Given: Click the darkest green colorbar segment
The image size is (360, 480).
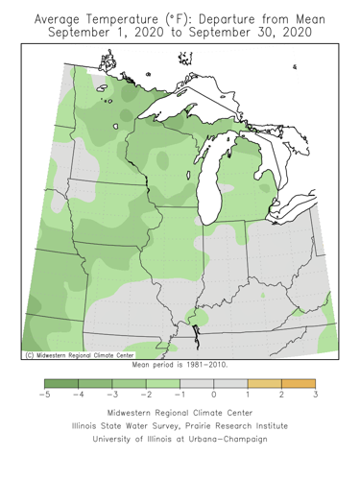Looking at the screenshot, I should [61, 383].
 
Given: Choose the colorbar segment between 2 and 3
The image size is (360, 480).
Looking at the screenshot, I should [298, 383].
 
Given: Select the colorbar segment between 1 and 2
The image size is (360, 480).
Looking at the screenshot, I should [264, 383].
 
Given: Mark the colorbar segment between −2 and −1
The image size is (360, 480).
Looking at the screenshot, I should [162, 383].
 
